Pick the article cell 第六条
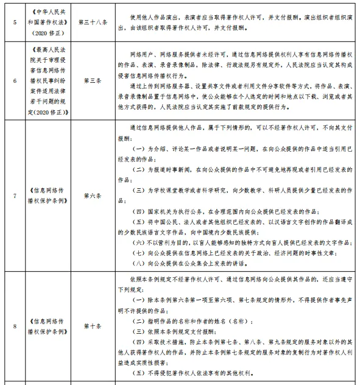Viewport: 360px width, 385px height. (x=99, y=196)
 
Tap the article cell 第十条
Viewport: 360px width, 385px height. (x=99, y=326)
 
